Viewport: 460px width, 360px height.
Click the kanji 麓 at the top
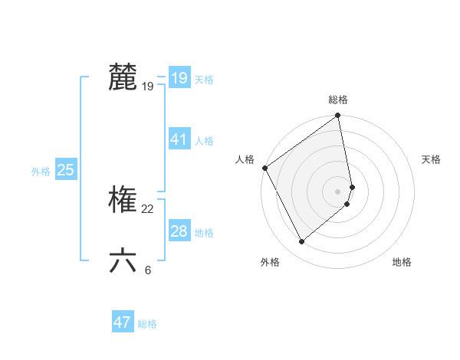[x=123, y=77]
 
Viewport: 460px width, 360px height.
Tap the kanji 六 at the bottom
[x=123, y=260]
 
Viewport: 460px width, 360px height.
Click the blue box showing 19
[x=179, y=78]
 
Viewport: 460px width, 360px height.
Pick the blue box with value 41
[x=179, y=139]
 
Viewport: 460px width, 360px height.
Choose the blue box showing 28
[x=179, y=231]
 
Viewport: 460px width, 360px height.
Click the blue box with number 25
[x=65, y=170]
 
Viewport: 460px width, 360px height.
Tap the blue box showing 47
[x=122, y=322]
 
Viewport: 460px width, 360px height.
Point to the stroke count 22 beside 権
[x=147, y=209]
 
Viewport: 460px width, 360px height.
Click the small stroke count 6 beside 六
[x=147, y=270]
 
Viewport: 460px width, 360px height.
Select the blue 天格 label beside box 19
[x=203, y=80]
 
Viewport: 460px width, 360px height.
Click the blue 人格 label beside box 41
[x=203, y=141]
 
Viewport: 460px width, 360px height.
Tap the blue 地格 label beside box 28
[x=203, y=233]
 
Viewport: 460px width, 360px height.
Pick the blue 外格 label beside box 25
[x=41, y=172]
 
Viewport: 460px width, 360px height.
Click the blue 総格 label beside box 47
[x=147, y=324]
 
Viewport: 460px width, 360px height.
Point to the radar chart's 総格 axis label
[x=338, y=100]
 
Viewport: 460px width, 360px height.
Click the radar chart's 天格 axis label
[x=431, y=159]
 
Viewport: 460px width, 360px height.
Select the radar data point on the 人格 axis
[x=264, y=168]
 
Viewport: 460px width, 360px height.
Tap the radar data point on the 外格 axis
[x=301, y=241]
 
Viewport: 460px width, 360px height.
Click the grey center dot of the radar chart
[x=338, y=191]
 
